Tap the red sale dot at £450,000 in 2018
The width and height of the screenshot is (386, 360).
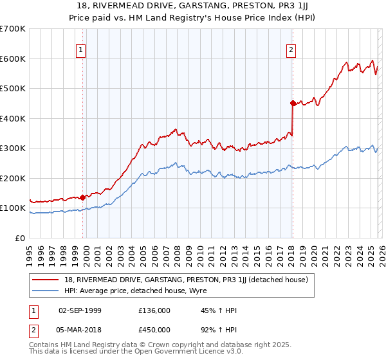[293, 103]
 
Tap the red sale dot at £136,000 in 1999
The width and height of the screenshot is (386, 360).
[83, 197]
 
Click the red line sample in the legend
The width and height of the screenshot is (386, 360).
[46, 279]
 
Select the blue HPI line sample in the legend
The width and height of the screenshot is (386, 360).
[46, 290]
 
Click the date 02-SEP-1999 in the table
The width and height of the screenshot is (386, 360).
[80, 310]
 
